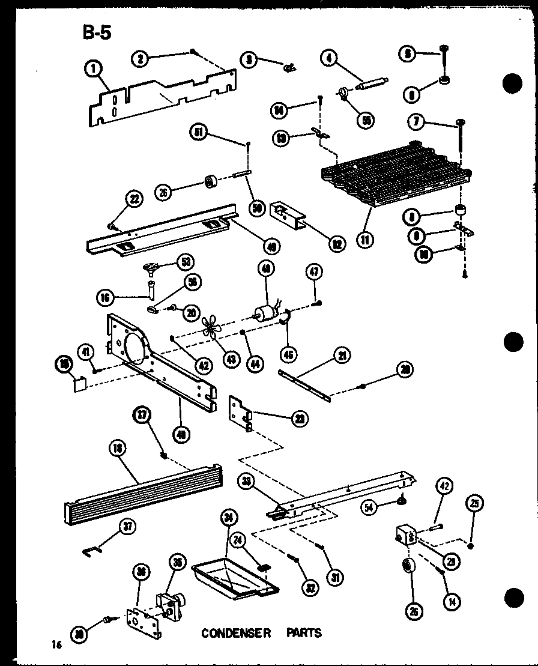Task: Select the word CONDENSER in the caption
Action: pos(236,633)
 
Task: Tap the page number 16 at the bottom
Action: pos(56,645)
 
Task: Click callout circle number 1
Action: pos(94,71)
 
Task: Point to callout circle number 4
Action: pos(328,58)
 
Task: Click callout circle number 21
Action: pos(342,357)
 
